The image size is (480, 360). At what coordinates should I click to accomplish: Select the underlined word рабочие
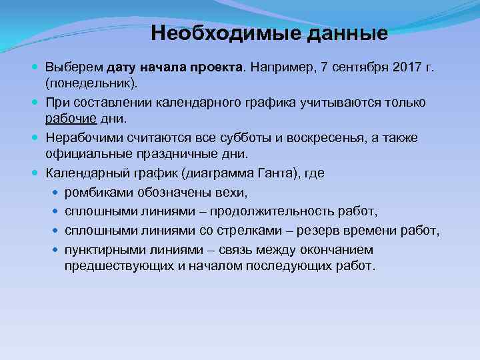point(68,118)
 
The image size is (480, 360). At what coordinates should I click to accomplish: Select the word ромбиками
point(97,193)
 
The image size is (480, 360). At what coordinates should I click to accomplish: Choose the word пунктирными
point(106,250)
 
